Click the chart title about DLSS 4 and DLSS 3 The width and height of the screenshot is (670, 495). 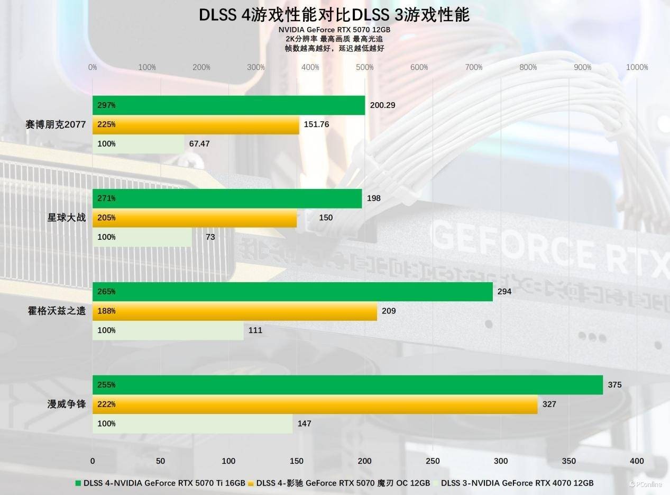click(334, 15)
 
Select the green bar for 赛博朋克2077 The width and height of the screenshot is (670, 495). click(228, 105)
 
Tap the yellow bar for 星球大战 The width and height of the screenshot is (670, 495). click(195, 218)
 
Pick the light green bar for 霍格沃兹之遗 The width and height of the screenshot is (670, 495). click(168, 330)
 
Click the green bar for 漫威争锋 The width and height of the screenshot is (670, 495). click(347, 385)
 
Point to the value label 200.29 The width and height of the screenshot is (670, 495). click(382, 105)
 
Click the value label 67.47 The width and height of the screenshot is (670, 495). click(199, 144)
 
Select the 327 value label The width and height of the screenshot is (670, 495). click(549, 404)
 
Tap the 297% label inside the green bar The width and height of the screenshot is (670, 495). click(106, 105)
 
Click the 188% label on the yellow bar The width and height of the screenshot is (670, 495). click(106, 311)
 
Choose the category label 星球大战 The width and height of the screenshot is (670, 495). click(67, 218)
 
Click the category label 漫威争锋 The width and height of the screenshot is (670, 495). click(67, 404)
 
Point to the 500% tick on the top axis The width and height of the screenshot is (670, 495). click(365, 67)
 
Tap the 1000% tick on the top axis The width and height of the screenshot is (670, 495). click(637, 67)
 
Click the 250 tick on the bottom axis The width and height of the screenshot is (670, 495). click(433, 461)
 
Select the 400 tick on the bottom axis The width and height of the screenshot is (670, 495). click(637, 461)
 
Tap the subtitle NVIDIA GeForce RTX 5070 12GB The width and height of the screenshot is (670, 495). click(334, 30)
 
